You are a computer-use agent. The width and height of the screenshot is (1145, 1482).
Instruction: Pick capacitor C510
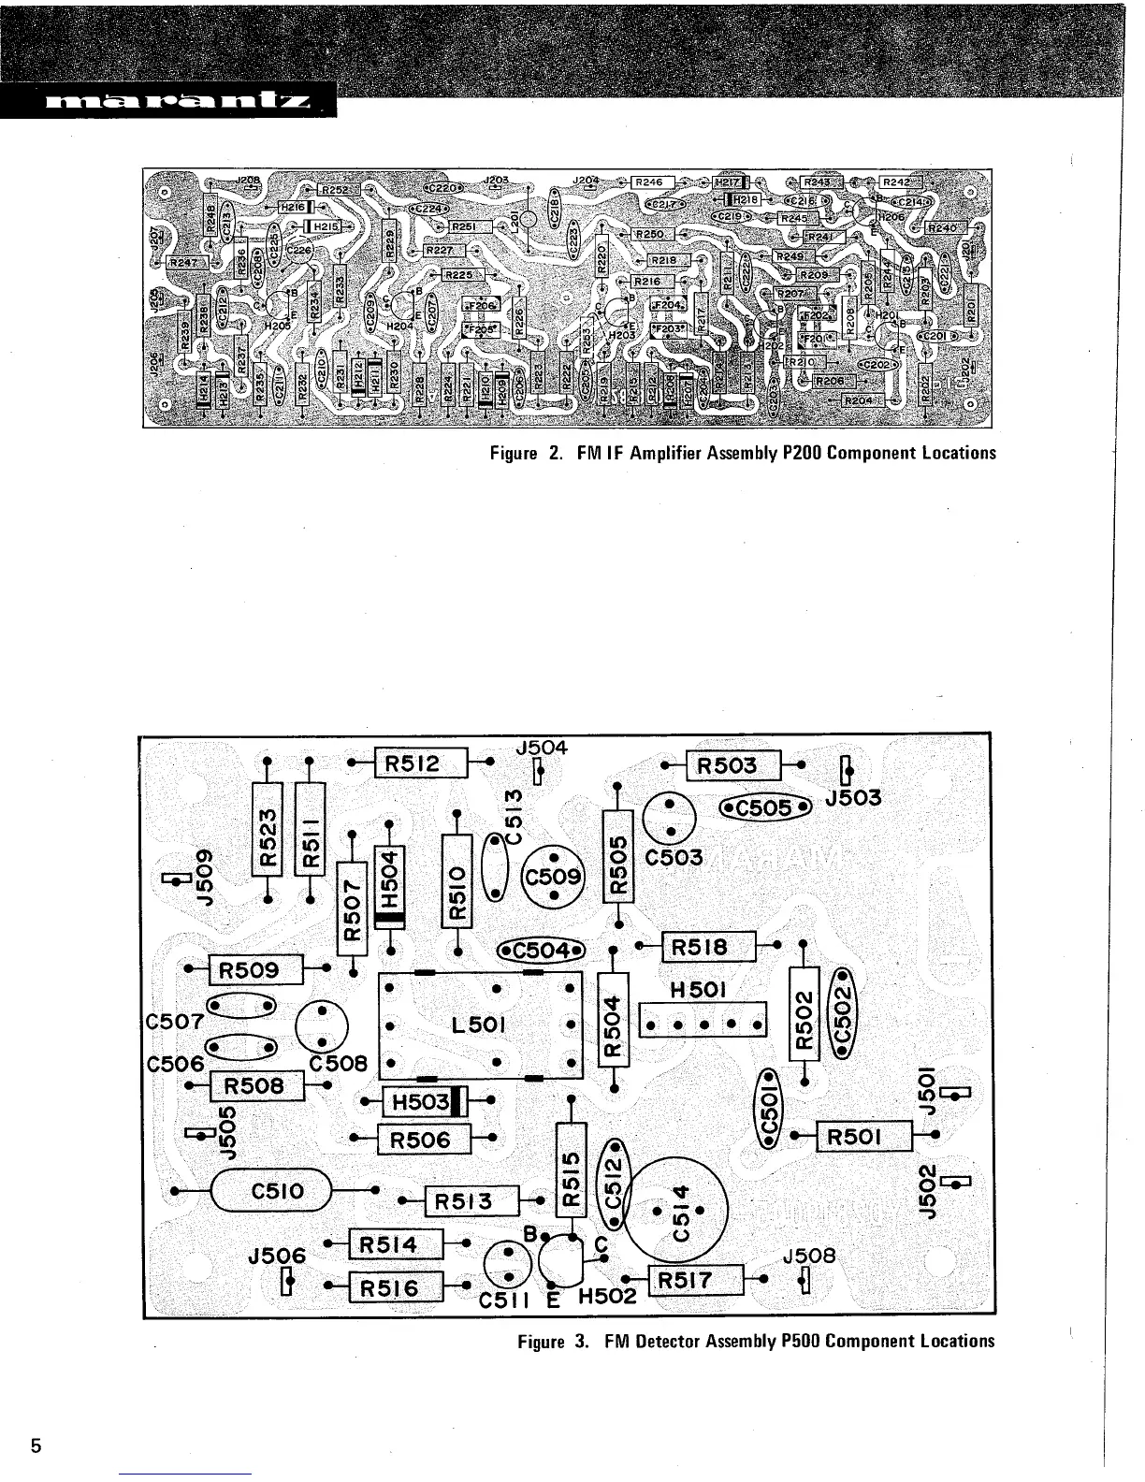tap(272, 1191)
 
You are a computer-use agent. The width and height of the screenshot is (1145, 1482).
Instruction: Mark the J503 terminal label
tap(853, 797)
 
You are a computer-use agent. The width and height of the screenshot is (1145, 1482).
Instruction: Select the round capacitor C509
tap(553, 878)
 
